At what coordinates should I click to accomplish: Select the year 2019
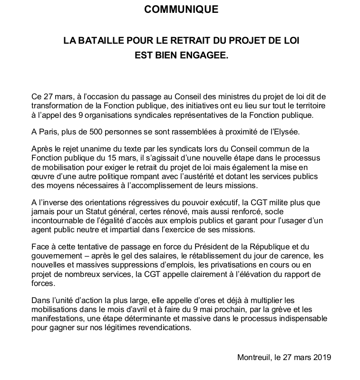pos(321,357)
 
